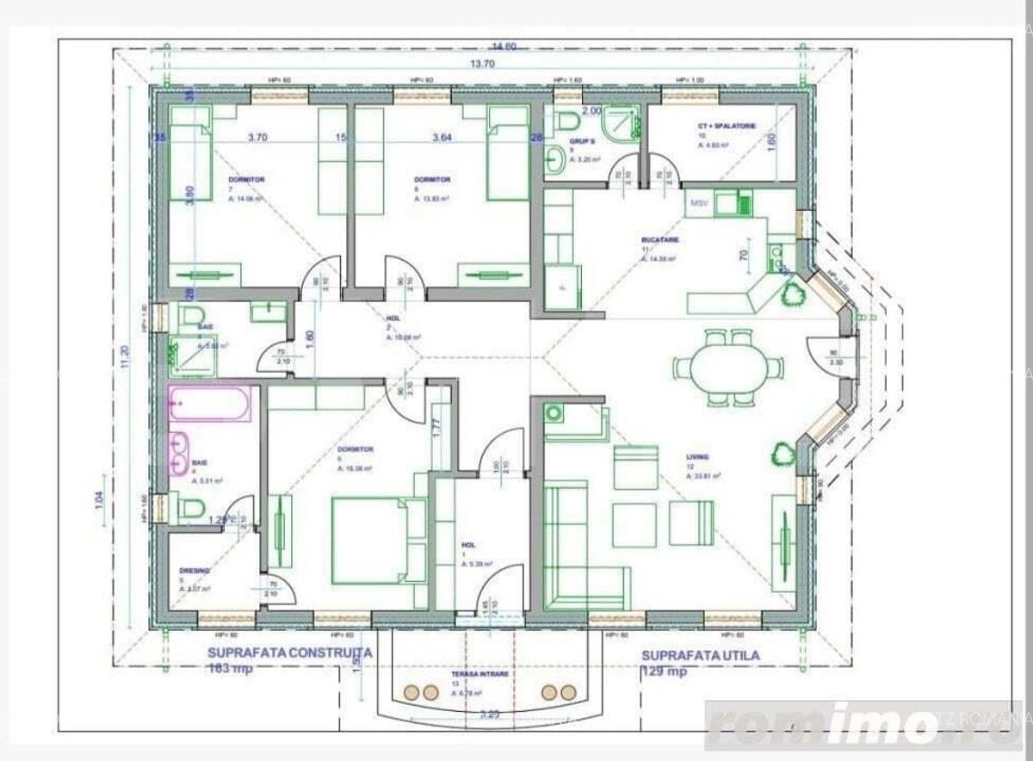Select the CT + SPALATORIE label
coord(727,127)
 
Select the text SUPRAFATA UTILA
coord(701,655)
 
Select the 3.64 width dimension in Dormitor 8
coord(442,137)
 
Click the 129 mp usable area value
coord(664,672)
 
